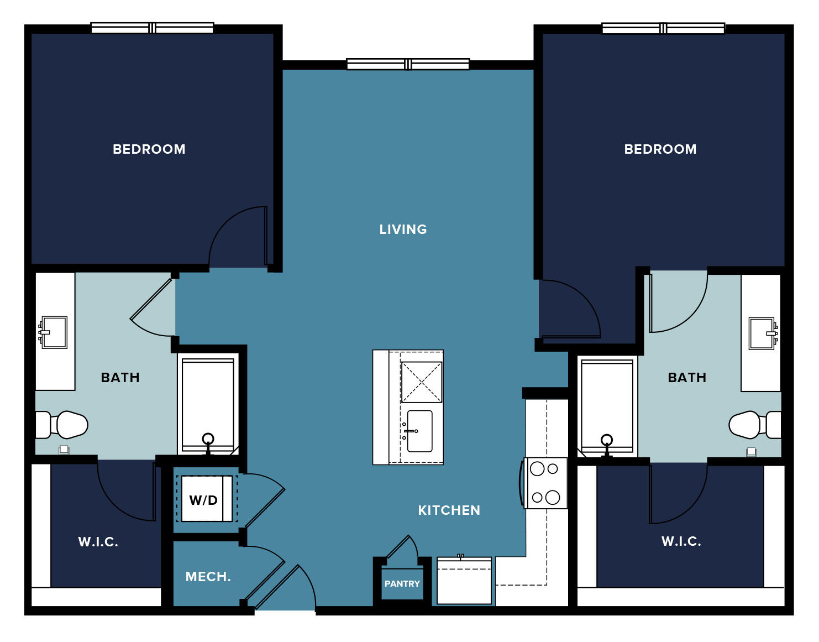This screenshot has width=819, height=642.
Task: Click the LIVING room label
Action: [x=403, y=229]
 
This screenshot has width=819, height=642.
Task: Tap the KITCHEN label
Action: [x=449, y=510]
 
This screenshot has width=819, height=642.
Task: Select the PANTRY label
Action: [x=402, y=583]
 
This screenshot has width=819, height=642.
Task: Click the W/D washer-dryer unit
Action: [x=207, y=498]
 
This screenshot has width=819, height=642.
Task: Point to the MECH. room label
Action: [x=208, y=576]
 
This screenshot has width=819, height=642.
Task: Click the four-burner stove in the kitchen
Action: [x=545, y=483]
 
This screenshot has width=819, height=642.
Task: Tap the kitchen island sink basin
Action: [x=419, y=431]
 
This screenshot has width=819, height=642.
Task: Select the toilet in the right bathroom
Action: [x=755, y=425]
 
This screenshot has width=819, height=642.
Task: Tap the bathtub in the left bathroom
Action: [x=208, y=406]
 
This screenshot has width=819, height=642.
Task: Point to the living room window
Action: [x=408, y=64]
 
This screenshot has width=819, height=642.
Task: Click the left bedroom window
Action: [x=153, y=28]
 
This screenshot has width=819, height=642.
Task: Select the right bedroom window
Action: [x=663, y=28]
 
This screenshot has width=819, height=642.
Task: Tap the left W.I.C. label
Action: [x=98, y=542]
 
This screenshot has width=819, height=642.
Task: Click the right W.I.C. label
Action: [x=681, y=541]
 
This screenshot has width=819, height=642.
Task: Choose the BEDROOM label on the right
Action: [x=660, y=149]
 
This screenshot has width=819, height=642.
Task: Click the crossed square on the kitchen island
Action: [x=421, y=382]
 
